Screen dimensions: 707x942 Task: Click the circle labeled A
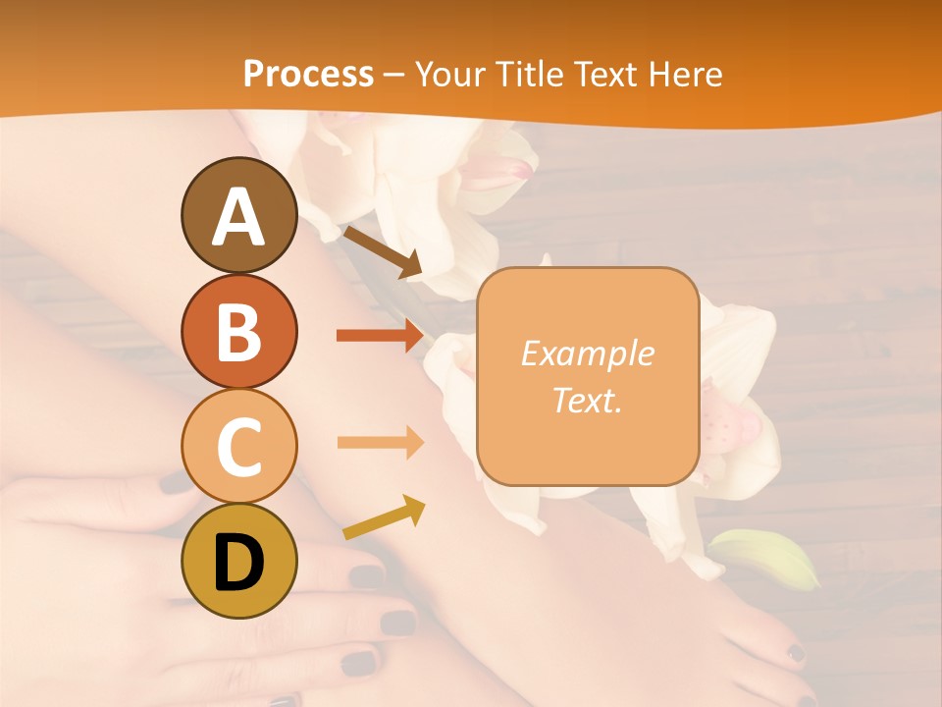[x=238, y=215]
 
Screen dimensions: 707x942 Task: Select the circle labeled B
[x=238, y=331]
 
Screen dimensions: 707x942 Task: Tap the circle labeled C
[x=238, y=446]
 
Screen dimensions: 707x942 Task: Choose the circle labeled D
[x=238, y=561]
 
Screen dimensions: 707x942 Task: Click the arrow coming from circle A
[x=382, y=251]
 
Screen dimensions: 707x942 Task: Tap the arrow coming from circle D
[x=384, y=517]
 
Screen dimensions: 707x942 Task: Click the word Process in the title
[x=308, y=74]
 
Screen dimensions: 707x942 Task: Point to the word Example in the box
[x=588, y=353]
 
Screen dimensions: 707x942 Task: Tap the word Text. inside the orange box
[x=588, y=400]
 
